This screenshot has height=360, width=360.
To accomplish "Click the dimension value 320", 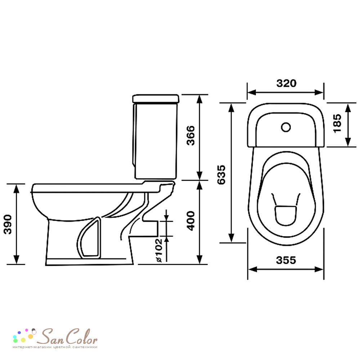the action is coord(286,83).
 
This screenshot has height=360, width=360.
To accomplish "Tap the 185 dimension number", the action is coord(337,123).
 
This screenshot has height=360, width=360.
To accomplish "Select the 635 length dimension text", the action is coord(221,175).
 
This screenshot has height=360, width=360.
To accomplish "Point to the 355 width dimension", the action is coord(286,260).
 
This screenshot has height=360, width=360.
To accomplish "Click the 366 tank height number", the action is coord(190,135).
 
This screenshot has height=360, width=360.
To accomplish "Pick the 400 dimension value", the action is coord(190,221).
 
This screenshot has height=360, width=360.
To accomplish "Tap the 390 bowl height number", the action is coord(8,224).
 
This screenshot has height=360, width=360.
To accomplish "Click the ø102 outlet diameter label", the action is coord(159,250).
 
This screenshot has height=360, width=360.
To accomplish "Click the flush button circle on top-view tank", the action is coord(286,127).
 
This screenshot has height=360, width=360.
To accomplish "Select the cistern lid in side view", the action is coord(156,99).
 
